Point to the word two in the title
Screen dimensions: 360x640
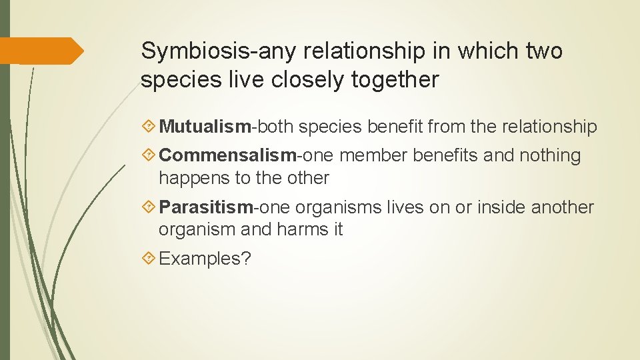click(x=545, y=51)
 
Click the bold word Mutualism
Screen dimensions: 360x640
click(x=205, y=127)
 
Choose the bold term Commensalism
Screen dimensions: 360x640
click(x=227, y=155)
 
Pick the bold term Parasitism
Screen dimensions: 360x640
click(x=206, y=207)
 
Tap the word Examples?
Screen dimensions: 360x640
click(x=205, y=259)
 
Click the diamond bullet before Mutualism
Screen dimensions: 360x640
click(x=149, y=127)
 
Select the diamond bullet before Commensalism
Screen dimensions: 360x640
click(x=149, y=155)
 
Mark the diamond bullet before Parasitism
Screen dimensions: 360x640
click(x=149, y=207)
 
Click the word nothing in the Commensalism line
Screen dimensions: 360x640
click(x=549, y=155)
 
